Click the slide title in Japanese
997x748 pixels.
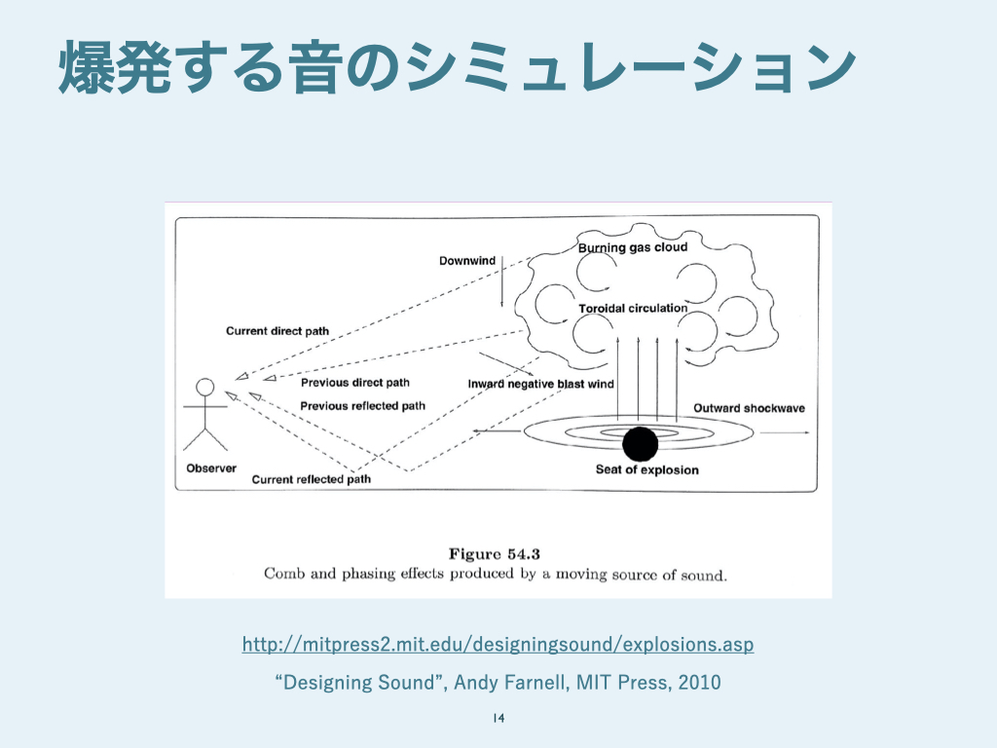457,68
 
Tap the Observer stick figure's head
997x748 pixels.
204,387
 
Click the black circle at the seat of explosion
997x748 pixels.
640,444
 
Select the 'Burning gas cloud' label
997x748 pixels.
633,247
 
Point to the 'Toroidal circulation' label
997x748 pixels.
632,309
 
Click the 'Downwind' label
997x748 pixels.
467,261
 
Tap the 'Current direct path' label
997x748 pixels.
277,331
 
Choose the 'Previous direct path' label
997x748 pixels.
355,383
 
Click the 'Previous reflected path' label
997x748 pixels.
362,405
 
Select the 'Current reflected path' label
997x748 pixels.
311,479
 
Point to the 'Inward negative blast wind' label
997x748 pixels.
540,384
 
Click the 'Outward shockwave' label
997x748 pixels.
749,408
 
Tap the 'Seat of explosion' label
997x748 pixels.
646,469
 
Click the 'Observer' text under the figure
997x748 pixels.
211,468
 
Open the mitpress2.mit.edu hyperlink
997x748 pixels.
498,645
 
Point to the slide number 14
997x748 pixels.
498,719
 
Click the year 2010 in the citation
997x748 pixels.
699,683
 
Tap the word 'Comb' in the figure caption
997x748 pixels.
283,574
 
